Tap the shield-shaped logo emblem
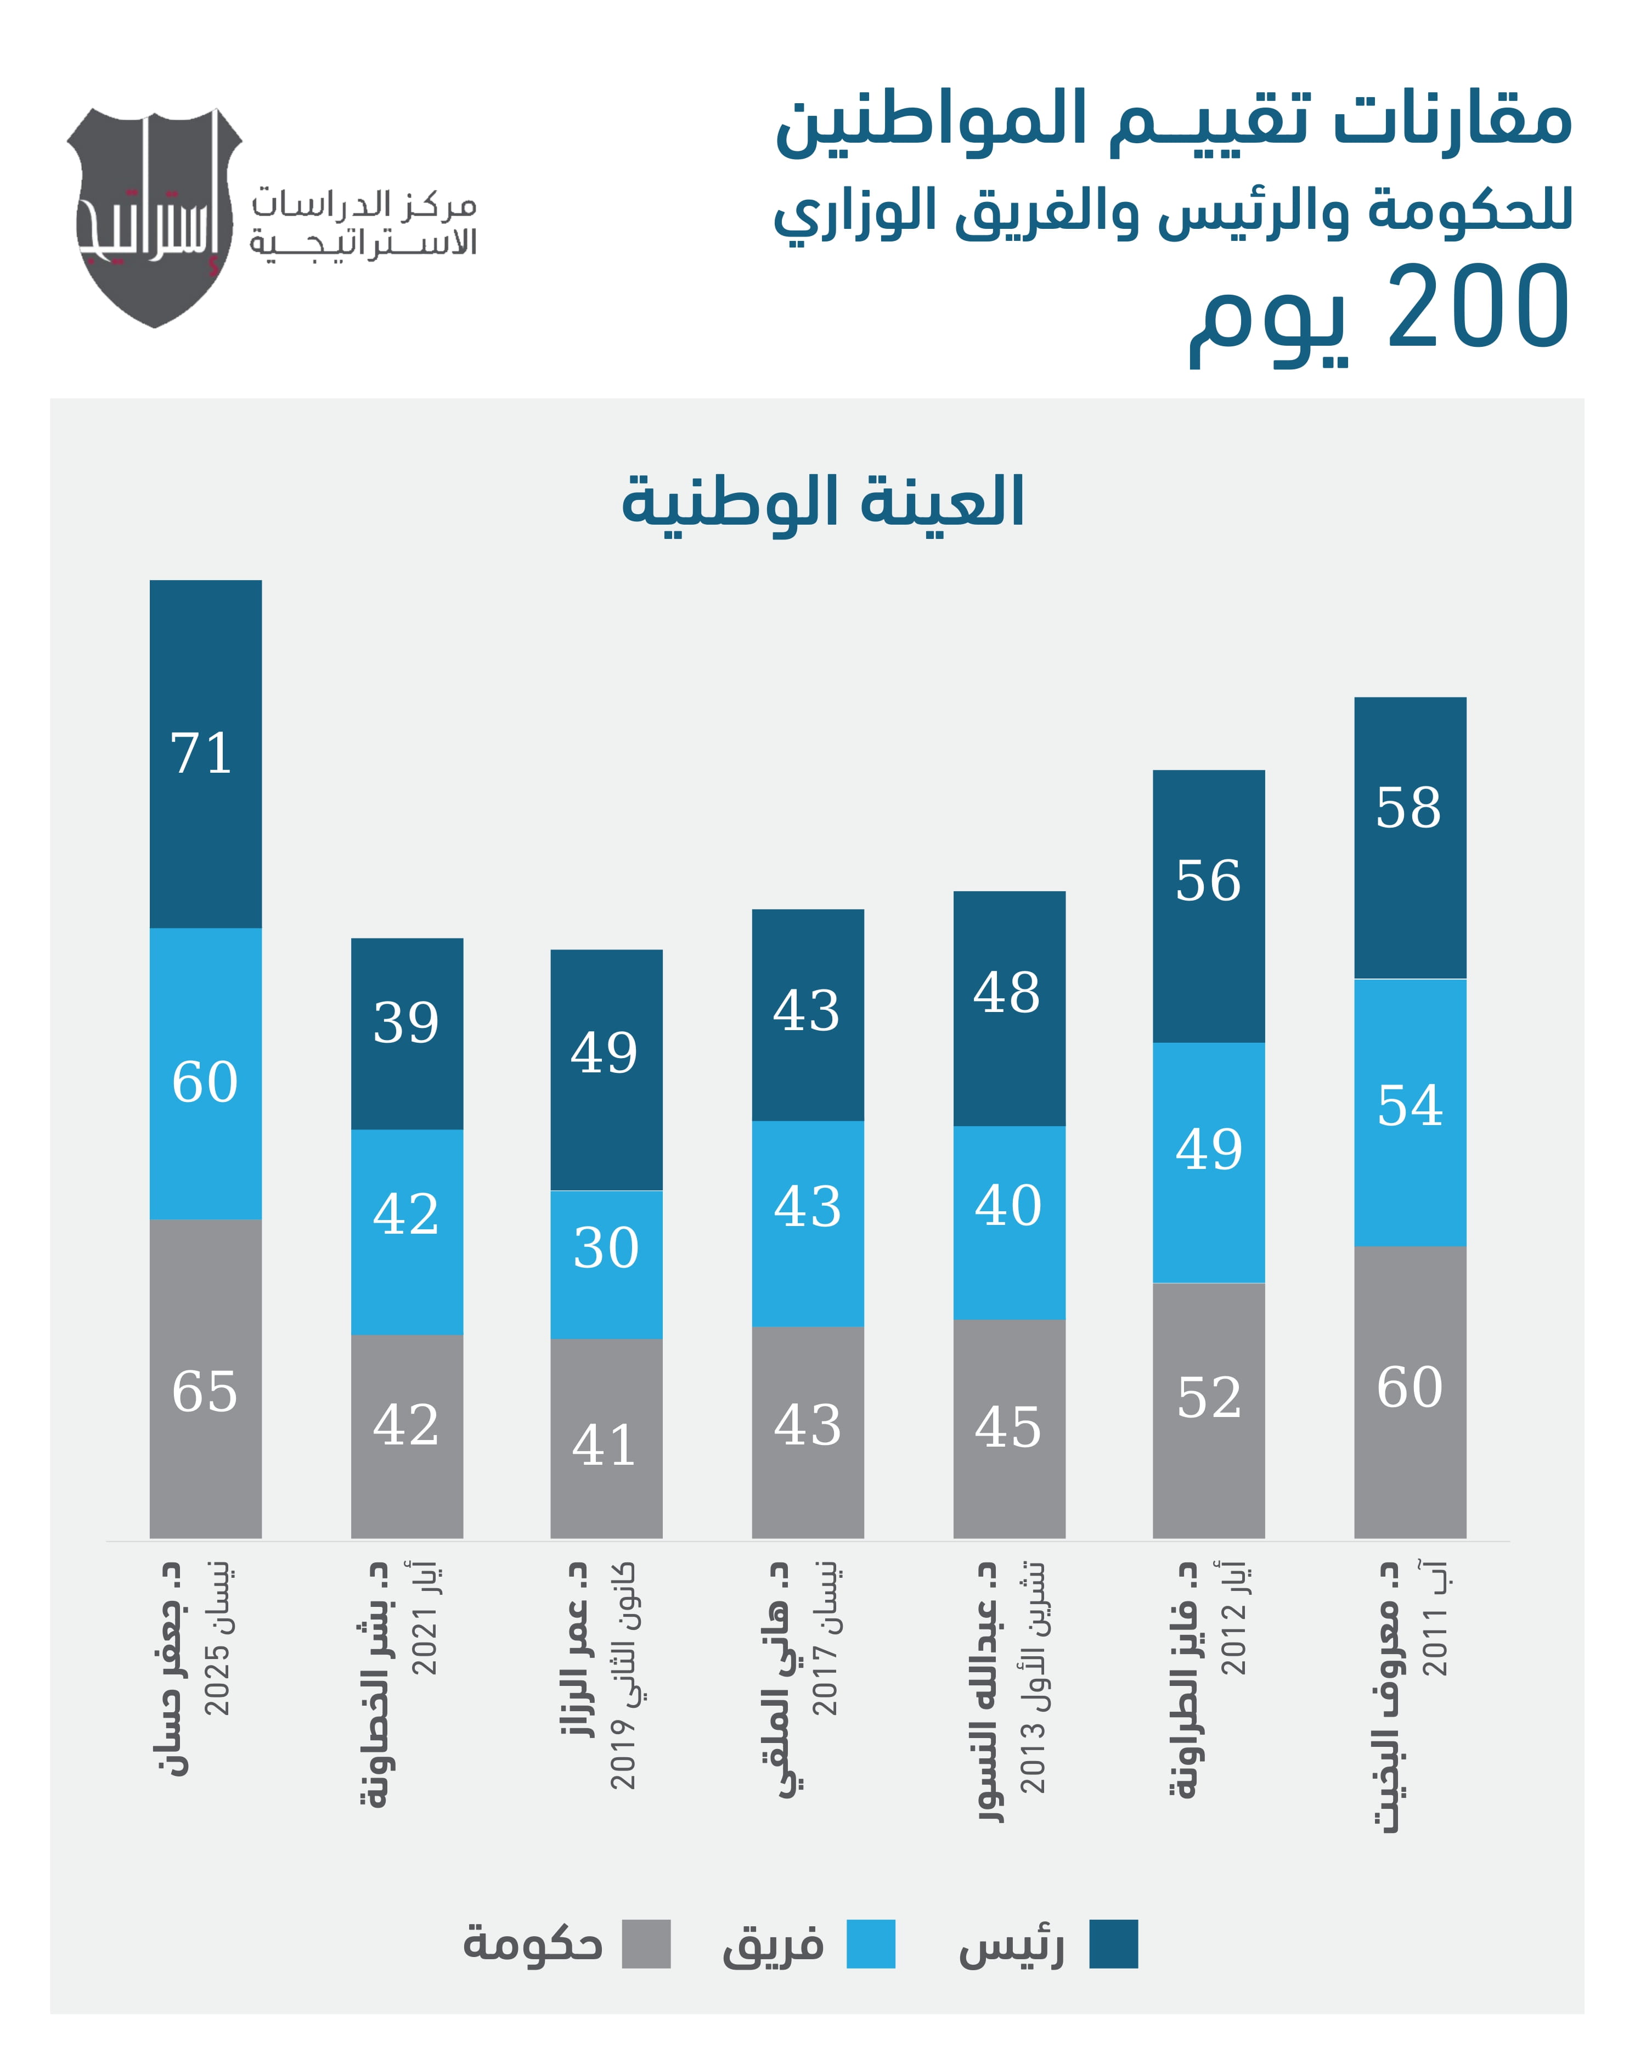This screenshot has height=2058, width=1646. pyautogui.click(x=155, y=218)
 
